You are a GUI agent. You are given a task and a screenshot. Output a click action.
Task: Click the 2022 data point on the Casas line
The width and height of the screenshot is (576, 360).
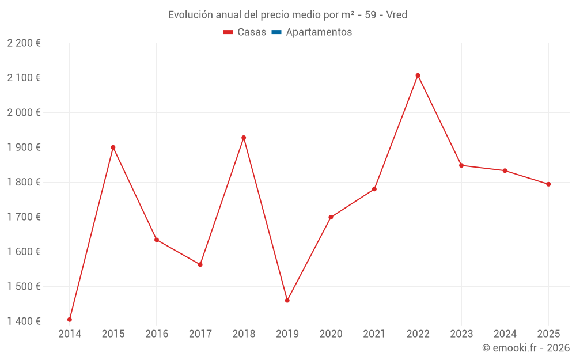coord(418,75)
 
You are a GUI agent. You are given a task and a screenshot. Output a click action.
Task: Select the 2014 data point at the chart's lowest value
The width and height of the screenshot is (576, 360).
coord(70,320)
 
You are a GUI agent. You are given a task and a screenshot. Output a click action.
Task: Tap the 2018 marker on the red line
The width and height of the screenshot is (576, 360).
coord(244,138)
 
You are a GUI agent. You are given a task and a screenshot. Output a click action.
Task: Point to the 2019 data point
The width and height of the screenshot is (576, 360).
coord(287,300)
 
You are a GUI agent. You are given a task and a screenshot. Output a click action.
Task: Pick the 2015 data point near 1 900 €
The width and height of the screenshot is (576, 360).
coord(113,147)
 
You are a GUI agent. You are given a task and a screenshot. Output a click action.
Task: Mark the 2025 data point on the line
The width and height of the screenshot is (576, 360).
coord(548,184)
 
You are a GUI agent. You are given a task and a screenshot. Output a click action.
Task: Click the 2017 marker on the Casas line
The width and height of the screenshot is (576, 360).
coord(200,264)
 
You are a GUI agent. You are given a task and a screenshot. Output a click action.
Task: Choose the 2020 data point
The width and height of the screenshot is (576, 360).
coord(331,217)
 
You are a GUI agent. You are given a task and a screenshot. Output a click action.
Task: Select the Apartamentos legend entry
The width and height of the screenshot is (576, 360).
coord(319,32)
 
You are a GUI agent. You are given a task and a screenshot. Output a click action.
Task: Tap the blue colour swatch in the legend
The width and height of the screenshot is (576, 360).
coord(276,32)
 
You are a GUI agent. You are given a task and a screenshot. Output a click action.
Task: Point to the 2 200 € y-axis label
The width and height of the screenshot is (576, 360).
coord(24,43)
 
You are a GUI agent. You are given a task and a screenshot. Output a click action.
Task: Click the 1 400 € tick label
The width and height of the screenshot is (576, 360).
coord(24,321)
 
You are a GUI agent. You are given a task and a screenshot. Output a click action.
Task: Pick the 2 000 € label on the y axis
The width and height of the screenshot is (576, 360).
coord(24,113)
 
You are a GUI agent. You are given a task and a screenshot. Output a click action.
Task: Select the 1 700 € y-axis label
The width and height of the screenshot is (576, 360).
coord(24,217)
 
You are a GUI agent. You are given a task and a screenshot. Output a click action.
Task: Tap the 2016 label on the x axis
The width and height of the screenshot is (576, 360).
coord(157,334)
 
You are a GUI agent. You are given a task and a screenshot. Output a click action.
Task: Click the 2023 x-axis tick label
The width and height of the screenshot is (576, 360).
coord(461,334)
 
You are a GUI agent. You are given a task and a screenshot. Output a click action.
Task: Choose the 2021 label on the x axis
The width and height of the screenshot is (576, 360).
coord(374,334)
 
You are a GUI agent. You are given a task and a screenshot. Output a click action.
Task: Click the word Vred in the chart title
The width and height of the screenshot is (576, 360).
coord(397,15)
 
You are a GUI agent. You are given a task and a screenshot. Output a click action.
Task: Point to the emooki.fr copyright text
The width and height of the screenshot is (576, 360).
coord(526,348)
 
